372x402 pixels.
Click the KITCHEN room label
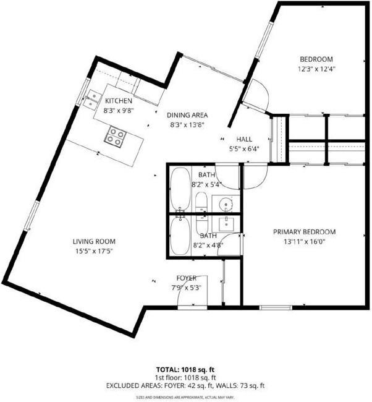tap(119, 101)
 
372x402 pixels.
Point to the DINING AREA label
tap(188, 115)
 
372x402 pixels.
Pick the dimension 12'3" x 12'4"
tap(316, 70)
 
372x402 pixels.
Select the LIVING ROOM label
tap(94, 242)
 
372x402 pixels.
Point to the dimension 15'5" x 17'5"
tap(94, 251)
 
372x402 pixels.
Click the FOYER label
tap(187, 278)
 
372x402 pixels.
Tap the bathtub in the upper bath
tap(180, 188)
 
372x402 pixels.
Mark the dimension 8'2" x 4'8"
tap(208, 245)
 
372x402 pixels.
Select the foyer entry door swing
tap(187, 298)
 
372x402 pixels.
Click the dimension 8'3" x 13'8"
tap(188, 124)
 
